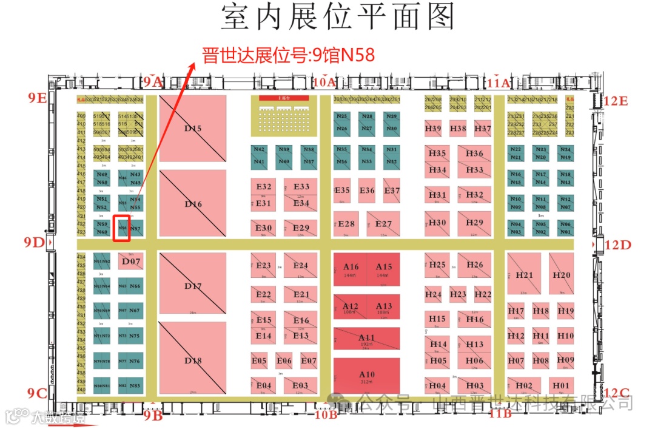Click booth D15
[193, 129]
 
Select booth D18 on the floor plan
[193, 360]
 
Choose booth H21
[525, 274]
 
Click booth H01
[561, 385]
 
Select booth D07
[132, 262]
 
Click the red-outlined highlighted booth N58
[123, 228]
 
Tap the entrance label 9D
[35, 243]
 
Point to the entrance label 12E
[616, 101]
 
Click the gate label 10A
[325, 81]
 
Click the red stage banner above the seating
[284, 98]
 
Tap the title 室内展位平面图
[337, 17]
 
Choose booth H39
[433, 129]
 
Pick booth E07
[309, 361]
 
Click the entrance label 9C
[37, 393]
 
